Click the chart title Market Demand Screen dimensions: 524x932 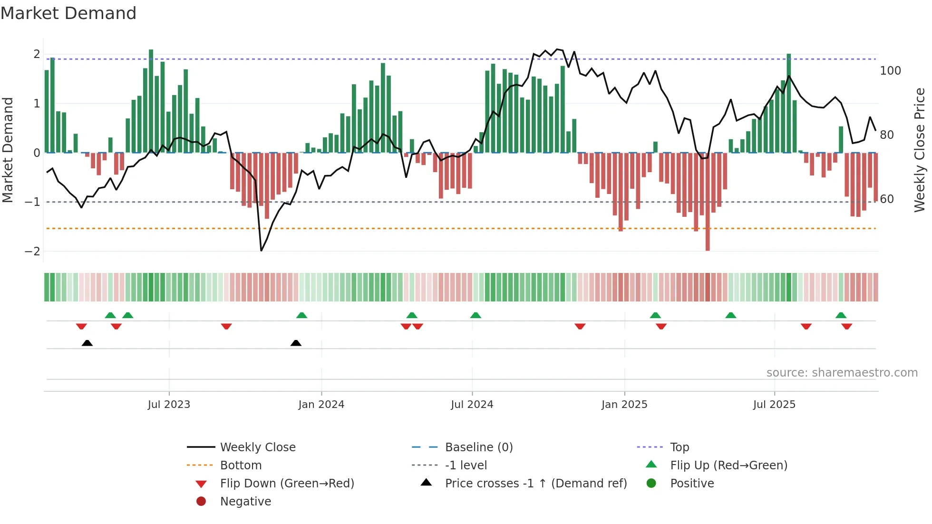[68, 13]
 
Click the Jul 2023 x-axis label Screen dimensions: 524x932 [169, 405]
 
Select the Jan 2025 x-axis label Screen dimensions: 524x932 [624, 405]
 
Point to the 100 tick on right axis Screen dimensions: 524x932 [890, 71]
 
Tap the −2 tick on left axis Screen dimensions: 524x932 [32, 252]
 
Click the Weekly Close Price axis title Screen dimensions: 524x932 [920, 150]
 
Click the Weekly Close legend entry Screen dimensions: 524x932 [257, 447]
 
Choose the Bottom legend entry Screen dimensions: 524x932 [241, 466]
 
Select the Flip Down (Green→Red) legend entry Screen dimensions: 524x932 [287, 484]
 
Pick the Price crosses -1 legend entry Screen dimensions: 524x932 [535, 484]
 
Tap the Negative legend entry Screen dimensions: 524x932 [245, 502]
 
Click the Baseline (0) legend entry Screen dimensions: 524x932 [478, 447]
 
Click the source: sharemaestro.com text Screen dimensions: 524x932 [842, 373]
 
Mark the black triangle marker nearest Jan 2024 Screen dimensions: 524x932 [296, 343]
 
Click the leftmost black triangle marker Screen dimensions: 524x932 [87, 343]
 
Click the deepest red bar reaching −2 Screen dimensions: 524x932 [708, 202]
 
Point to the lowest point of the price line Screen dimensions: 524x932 [261, 251]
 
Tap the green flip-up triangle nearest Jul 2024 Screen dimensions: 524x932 [476, 315]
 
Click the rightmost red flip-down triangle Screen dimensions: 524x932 [846, 326]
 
